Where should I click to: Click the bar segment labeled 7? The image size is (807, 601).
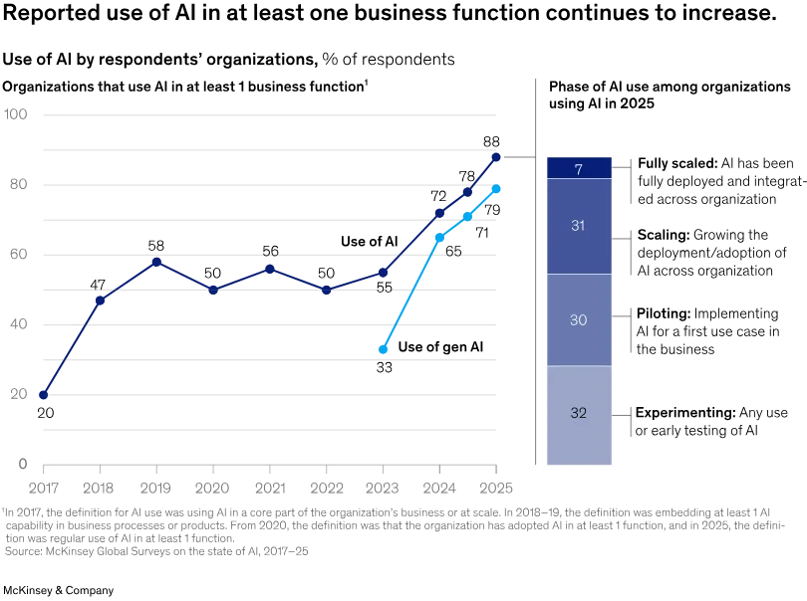[x=578, y=168]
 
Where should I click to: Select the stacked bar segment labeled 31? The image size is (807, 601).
[x=578, y=226]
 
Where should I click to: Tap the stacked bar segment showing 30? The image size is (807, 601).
[x=578, y=320]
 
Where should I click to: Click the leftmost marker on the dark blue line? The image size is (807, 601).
[x=43, y=395]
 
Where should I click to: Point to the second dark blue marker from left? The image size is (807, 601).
[x=101, y=300]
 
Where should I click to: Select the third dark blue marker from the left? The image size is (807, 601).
[x=156, y=262]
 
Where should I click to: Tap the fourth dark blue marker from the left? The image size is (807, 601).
[x=213, y=289]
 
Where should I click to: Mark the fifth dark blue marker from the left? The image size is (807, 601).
[x=270, y=269]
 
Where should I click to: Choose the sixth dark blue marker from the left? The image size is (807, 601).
[x=327, y=289]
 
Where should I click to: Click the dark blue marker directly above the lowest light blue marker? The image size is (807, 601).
[x=384, y=272]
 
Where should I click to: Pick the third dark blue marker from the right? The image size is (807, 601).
[x=437, y=213]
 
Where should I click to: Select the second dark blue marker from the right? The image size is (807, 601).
[x=467, y=191]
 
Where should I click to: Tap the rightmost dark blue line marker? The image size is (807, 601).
[x=495, y=157]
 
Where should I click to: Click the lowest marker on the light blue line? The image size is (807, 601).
[x=384, y=349]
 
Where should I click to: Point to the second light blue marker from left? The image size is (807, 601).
[x=438, y=237]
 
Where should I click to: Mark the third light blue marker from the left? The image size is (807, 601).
[x=467, y=215]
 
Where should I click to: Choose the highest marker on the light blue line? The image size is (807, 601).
[x=495, y=188]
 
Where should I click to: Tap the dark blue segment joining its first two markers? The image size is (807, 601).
[x=72, y=348]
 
